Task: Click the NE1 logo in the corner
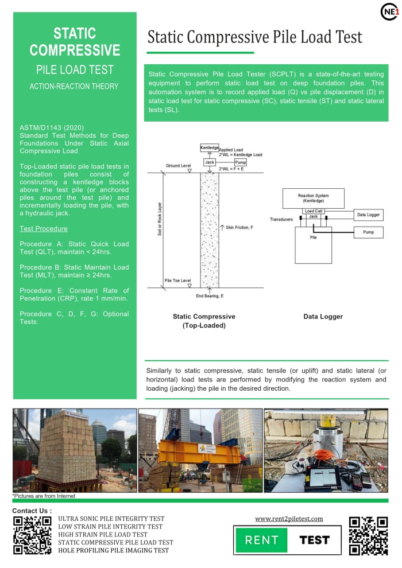tap(389, 11)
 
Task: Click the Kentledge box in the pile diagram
tap(210, 147)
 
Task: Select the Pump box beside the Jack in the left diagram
tap(240, 162)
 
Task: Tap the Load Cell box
tap(313, 211)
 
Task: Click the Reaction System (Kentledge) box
tap(313, 198)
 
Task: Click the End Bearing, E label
tap(211, 297)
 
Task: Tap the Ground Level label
tap(179, 165)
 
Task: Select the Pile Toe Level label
tap(177, 280)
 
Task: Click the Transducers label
tap(281, 219)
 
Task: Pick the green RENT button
tap(261, 540)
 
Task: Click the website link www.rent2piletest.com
tap(289, 519)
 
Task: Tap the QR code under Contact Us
tap(32, 535)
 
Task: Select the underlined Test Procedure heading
tap(44, 228)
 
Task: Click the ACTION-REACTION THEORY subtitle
tap(74, 87)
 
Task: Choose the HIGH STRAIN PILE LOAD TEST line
tap(103, 534)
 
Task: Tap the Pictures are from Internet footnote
tap(44, 496)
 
